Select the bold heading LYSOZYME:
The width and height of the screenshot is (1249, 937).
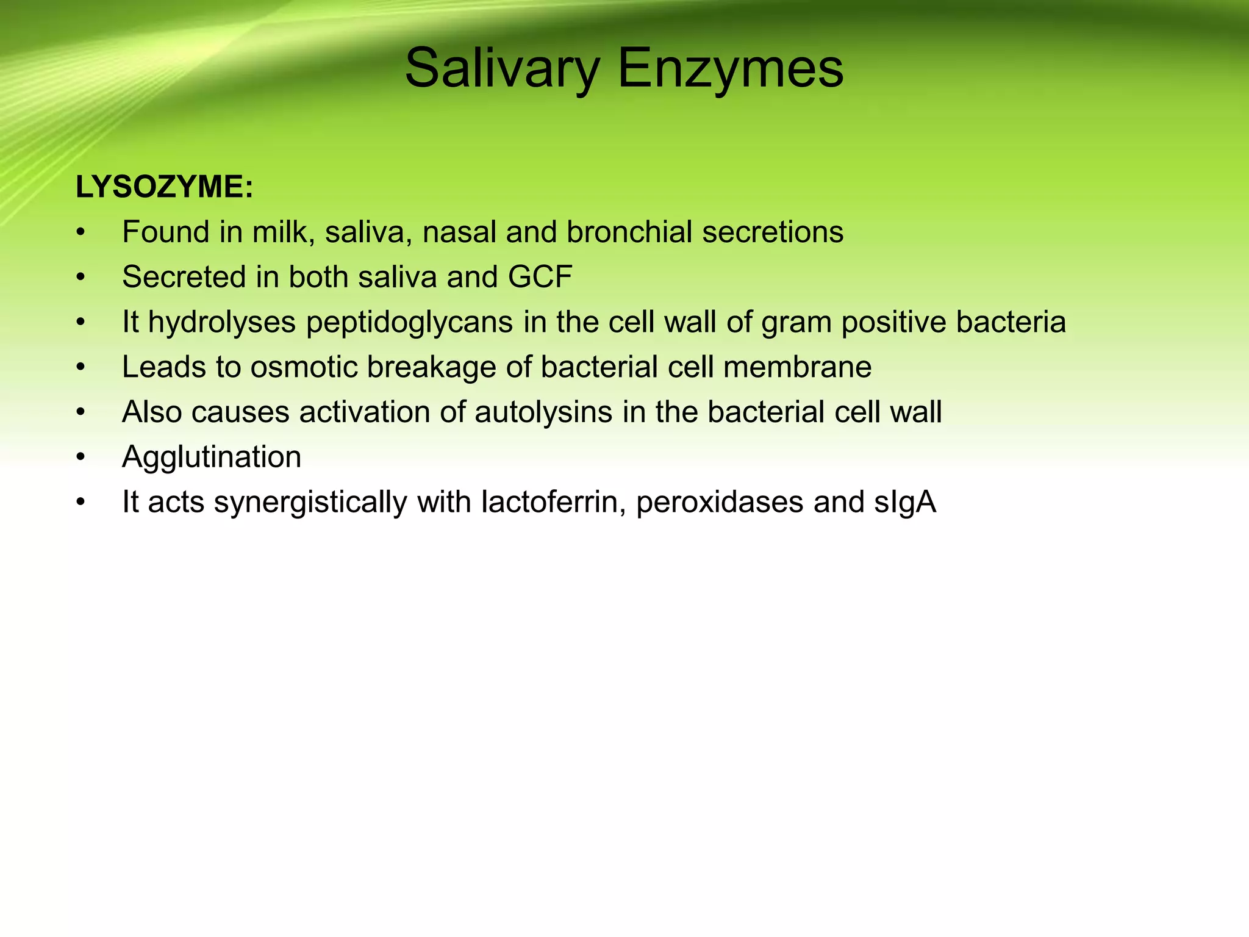click(164, 187)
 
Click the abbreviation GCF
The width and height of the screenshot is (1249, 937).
click(540, 277)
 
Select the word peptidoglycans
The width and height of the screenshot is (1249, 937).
click(409, 322)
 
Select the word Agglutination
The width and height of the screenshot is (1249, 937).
click(212, 457)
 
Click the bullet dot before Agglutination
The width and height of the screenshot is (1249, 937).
click(81, 458)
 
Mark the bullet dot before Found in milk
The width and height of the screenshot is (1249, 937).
click(81, 232)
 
